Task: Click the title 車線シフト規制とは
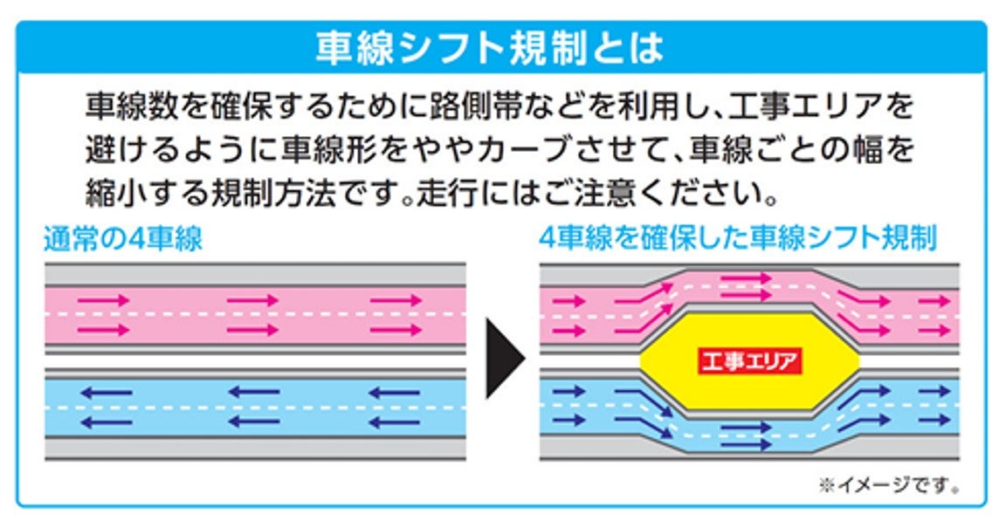tap(490, 50)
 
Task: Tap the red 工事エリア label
tap(749, 360)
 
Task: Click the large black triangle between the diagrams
tap(504, 358)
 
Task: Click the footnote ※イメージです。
tap(890, 485)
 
